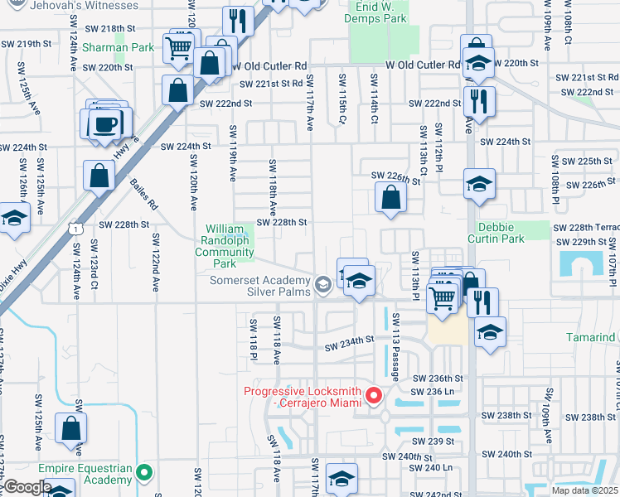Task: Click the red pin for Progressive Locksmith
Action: pos(373,397)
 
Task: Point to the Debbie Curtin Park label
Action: pos(506,233)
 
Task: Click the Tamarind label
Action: pos(591,338)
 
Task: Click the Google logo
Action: pos(27,487)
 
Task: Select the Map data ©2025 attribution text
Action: pos(584,490)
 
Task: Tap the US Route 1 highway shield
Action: pos(76,227)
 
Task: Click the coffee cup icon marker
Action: pos(104,124)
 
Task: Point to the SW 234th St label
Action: pos(349,342)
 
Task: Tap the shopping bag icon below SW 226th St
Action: pos(390,198)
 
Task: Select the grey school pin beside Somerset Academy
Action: pos(323,286)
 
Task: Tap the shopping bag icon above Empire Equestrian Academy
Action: pos(71,428)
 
